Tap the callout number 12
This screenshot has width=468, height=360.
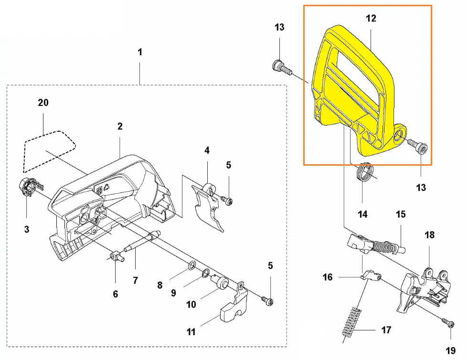pos(371,19)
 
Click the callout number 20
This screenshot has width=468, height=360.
pos(43,103)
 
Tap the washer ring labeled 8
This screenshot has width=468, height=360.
pos(190,265)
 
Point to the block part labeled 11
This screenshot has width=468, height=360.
pos(234,308)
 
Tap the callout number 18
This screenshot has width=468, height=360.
pos(430,235)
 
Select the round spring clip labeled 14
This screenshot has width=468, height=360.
pos(365,172)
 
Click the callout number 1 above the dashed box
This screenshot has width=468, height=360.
pos(140,52)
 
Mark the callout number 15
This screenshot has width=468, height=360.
pos(400,214)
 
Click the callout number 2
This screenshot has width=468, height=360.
pos(120,126)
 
